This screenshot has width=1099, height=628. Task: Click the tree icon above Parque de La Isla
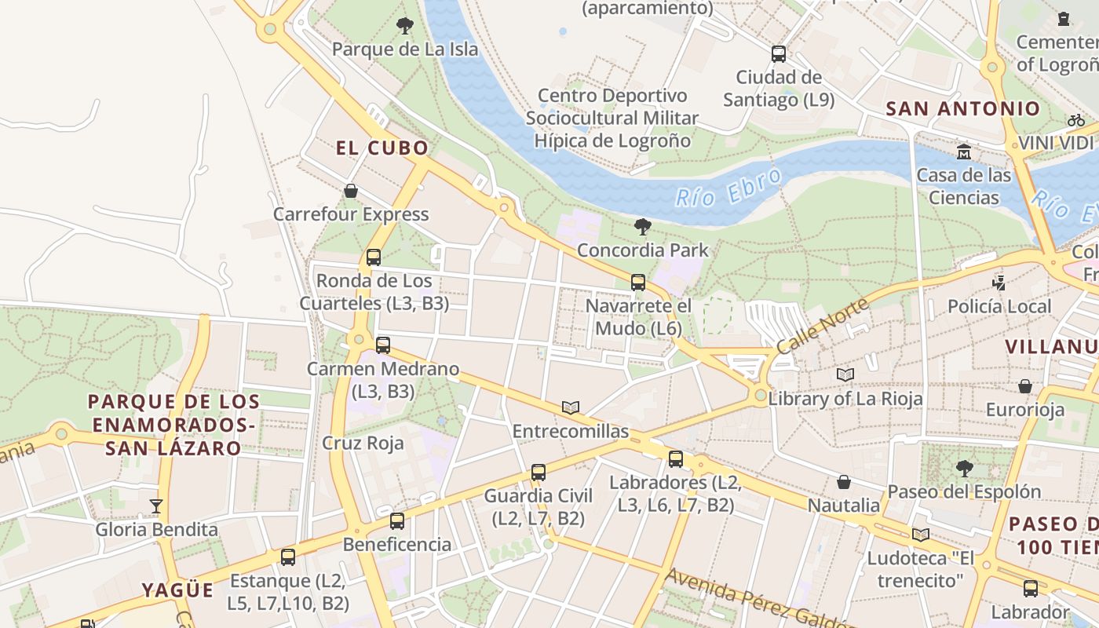point(405,26)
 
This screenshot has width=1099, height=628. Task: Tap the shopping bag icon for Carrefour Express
point(351,191)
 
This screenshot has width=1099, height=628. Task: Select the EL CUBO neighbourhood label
point(382,148)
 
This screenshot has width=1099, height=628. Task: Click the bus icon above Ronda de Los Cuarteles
point(374,257)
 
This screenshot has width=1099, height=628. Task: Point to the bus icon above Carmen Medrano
point(383,345)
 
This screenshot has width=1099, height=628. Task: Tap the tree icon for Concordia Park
point(643,228)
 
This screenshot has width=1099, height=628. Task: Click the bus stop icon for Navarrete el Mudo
point(638,283)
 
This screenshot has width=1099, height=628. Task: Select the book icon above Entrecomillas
point(571,407)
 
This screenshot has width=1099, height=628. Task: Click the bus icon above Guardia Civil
point(539,473)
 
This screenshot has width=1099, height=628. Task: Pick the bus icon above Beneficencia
point(397,521)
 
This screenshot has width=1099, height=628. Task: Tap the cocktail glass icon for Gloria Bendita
point(156,506)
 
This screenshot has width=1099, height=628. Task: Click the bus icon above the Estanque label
point(288,557)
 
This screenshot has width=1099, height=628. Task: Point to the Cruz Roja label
point(363,443)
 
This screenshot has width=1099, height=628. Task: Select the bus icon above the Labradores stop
point(676,459)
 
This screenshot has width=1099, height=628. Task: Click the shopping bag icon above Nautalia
point(844,482)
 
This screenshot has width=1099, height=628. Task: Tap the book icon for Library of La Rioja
point(845,375)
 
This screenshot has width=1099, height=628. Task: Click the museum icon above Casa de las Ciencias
point(964,152)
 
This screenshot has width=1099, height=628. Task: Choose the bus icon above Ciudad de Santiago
point(779,54)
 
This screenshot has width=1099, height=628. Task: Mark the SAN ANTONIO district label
point(963,109)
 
